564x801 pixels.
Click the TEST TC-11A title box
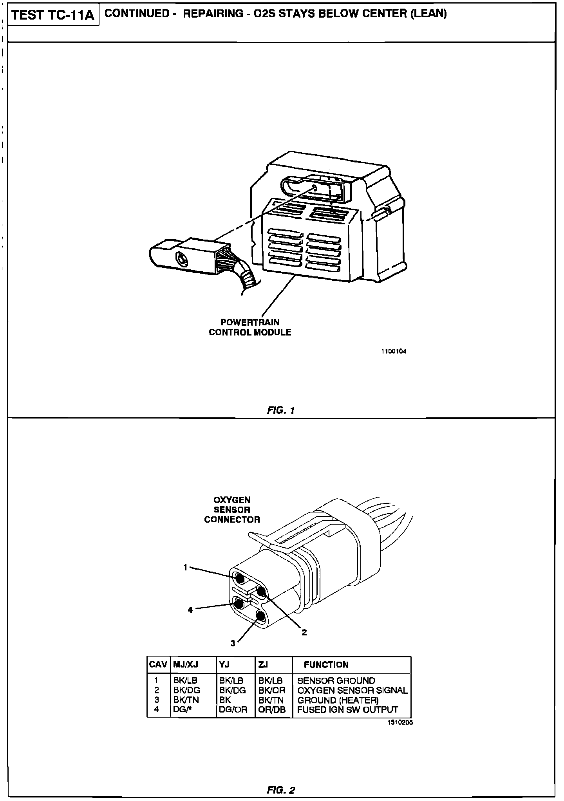coord(53,15)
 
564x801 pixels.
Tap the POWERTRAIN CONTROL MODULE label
coord(250,327)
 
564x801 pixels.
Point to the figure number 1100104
coord(394,351)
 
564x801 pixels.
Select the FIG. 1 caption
coord(281,410)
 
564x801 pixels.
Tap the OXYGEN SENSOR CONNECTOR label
coord(232,510)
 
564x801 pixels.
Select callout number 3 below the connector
coord(233,643)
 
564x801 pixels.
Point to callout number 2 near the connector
coord(304,632)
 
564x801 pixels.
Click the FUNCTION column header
coord(326,664)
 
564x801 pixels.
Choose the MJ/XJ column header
coord(186,664)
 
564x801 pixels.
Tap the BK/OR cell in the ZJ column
coord(272,690)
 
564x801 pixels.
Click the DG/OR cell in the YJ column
coord(233,709)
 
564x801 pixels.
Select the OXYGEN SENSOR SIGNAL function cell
coord(352,690)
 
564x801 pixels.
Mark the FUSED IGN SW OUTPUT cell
coord(347,709)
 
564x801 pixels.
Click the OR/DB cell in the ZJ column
coord(272,709)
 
